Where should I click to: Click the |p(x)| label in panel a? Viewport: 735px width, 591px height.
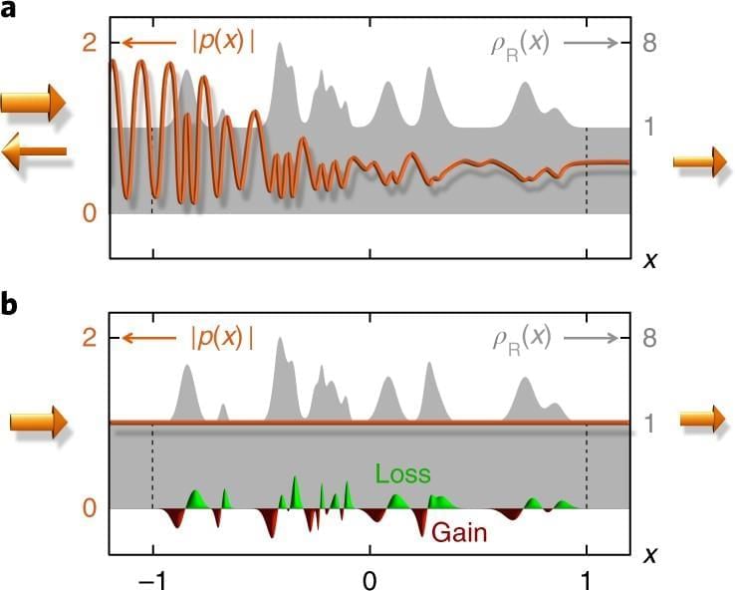[x=221, y=43]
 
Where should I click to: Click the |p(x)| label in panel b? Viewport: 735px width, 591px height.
[x=221, y=338]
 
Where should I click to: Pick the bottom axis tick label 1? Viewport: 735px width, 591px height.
[x=587, y=578]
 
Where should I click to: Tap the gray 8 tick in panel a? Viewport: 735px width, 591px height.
[x=648, y=43]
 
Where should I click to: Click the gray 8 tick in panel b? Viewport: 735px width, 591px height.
[x=648, y=338]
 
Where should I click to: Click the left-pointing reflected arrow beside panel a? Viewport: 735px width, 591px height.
[x=34, y=151]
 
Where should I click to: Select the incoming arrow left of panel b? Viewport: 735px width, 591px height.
[x=38, y=423]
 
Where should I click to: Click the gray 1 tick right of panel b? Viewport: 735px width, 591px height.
[x=648, y=423]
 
